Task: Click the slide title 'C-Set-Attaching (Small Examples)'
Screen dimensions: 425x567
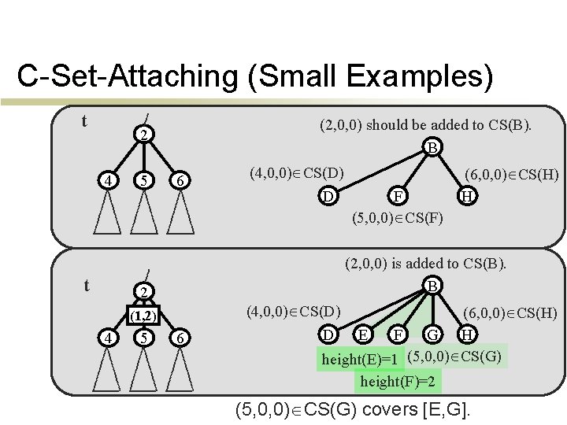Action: click(255, 78)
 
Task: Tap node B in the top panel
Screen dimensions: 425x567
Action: click(432, 147)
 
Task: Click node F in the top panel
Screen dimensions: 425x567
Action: click(399, 194)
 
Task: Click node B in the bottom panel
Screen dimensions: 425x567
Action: click(432, 286)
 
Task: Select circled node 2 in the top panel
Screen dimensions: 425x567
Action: click(143, 135)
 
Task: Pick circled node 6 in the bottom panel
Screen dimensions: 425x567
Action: click(180, 338)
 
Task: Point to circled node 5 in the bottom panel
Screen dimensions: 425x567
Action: click(143, 338)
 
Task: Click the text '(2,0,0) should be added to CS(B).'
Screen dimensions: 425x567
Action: click(426, 124)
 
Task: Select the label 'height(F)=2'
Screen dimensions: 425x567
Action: click(397, 382)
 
